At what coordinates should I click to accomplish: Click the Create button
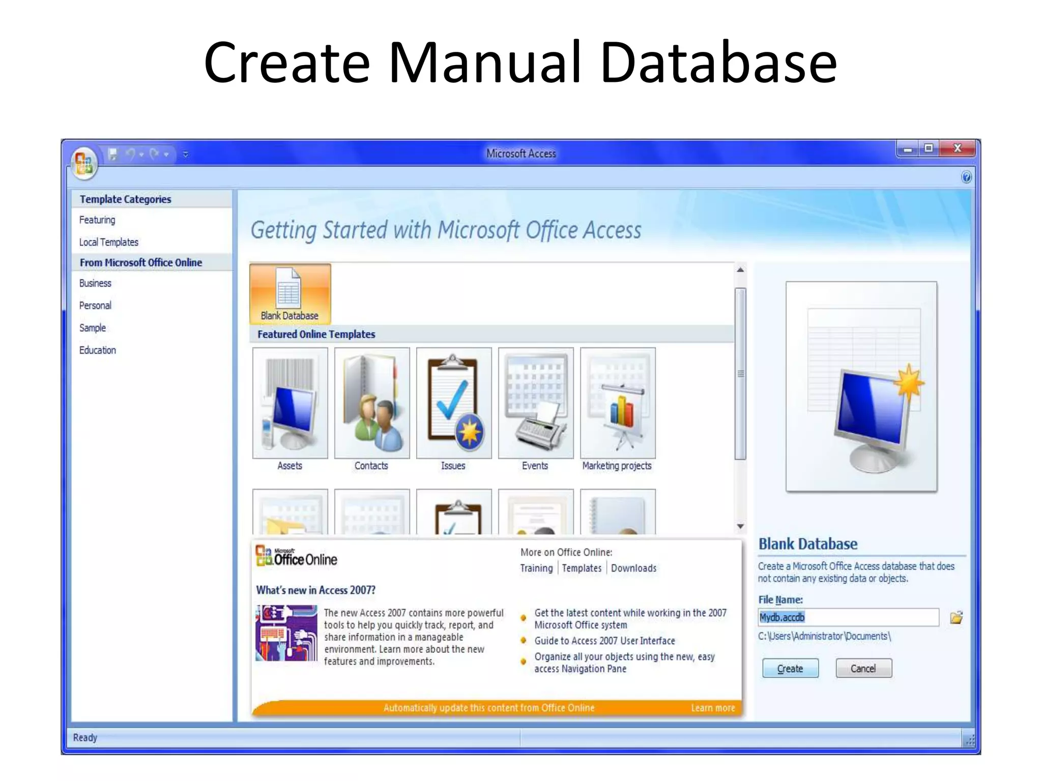pos(790,668)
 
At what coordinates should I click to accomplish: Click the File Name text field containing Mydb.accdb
pos(848,617)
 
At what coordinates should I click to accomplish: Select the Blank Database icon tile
pos(290,294)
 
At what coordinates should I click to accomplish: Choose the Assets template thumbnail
pos(290,403)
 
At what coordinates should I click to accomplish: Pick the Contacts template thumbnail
pos(372,403)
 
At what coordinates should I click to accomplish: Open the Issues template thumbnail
pos(454,403)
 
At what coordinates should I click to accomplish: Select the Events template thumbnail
pos(536,403)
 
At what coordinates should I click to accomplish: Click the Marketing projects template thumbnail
pos(618,403)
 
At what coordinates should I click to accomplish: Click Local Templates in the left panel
pos(109,242)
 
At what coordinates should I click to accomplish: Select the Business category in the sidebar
pos(95,283)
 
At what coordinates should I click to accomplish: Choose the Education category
pos(98,350)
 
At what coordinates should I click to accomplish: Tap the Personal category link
pos(95,306)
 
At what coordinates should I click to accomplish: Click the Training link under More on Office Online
pos(536,568)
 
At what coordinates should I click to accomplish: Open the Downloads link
pos(633,568)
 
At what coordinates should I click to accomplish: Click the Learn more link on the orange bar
pos(712,708)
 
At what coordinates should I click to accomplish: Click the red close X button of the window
pos(957,148)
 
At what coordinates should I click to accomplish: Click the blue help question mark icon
pos(966,177)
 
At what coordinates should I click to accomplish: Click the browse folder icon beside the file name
pos(956,618)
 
